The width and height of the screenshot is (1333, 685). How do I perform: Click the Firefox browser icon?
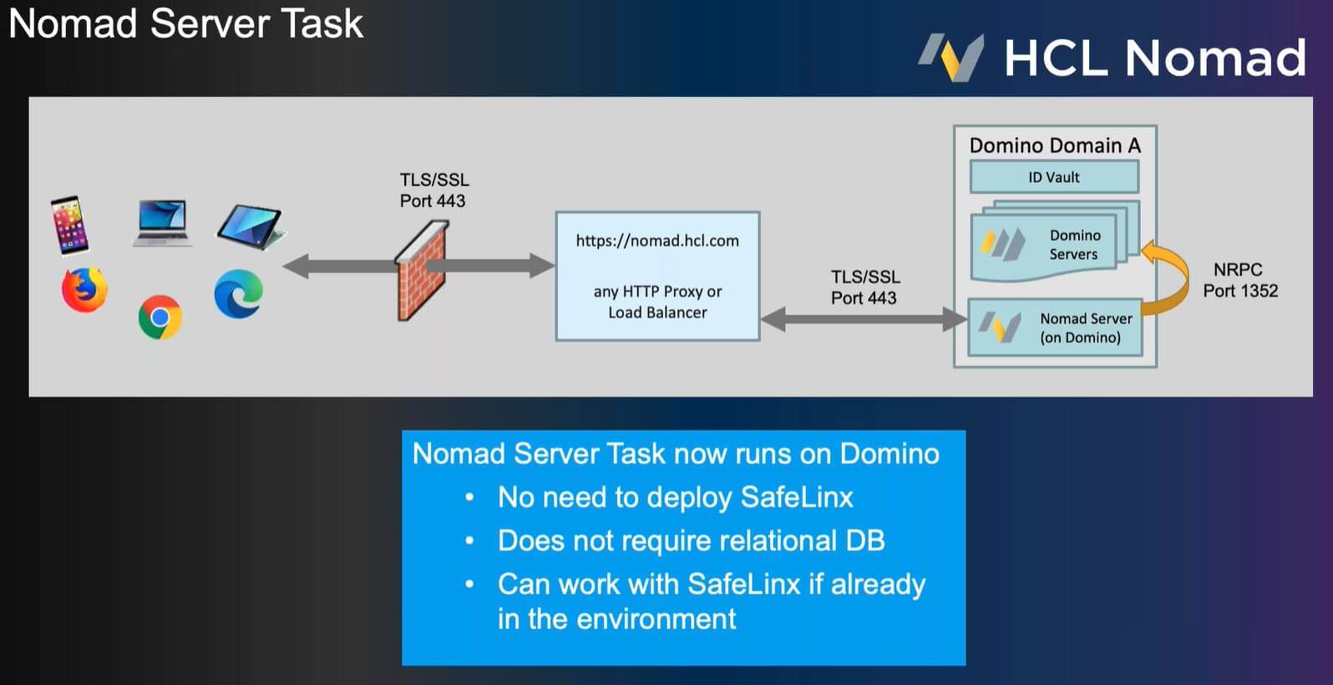84,291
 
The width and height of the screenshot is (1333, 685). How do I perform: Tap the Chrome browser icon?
160,317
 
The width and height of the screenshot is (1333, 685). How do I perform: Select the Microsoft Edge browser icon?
239,294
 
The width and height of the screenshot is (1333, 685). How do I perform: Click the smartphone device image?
70,225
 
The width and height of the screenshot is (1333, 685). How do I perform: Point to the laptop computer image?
162,223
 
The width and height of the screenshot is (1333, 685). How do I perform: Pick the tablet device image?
251,228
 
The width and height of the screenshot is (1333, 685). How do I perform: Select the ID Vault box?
1054,177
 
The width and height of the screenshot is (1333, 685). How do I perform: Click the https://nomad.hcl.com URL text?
657,241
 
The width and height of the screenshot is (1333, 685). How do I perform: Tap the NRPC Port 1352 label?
1240,281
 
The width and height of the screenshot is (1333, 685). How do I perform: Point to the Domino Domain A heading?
1055,145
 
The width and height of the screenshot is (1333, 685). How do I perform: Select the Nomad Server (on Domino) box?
1055,327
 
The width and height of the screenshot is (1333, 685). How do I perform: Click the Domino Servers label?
1074,245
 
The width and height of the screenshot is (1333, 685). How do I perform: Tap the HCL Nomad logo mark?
951,57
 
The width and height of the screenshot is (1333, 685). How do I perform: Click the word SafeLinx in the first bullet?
797,497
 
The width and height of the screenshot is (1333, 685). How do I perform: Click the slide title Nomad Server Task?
185,23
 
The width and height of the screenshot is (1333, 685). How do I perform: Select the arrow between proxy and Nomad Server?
864,320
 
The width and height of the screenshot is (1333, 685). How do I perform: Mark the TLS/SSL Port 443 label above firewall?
433,190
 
